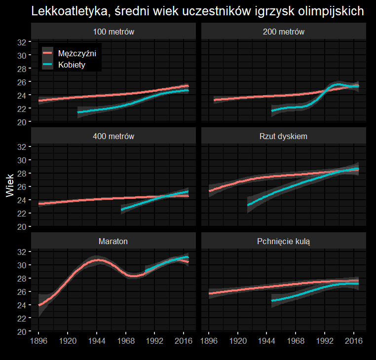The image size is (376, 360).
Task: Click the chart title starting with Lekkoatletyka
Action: point(198,11)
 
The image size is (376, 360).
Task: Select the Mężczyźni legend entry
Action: point(76,53)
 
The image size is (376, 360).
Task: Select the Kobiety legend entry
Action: point(72,65)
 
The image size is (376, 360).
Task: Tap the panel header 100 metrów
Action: point(114,32)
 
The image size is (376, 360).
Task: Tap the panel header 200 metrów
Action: point(284,32)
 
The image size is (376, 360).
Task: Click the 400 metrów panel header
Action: point(114,137)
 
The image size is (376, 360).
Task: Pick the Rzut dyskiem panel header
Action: point(284,137)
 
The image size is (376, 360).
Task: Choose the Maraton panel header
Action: point(114,241)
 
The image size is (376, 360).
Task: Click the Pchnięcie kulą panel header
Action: point(284,241)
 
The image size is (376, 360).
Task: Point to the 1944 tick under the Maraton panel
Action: point(97,341)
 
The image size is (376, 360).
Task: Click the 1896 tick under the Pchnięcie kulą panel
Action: point(209,341)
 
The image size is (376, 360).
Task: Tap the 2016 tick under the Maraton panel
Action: point(184,341)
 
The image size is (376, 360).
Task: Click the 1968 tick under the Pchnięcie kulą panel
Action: point(296,341)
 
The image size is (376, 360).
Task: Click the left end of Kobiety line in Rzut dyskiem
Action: point(248,204)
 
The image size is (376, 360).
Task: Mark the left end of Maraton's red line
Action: point(39,305)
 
